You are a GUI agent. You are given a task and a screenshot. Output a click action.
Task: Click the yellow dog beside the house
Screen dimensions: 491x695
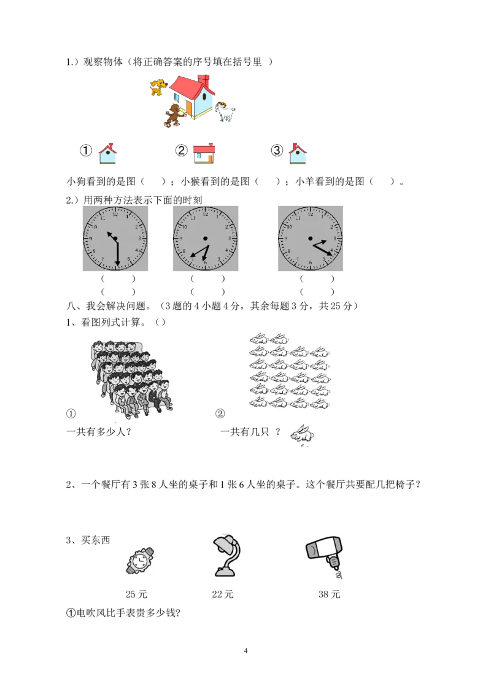click(x=158, y=87)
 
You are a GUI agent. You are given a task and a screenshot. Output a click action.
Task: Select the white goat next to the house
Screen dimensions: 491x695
click(x=225, y=111)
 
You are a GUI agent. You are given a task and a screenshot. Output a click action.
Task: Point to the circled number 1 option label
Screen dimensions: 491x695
click(x=85, y=150)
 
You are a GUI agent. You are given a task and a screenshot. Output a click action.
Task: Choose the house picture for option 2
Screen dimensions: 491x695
click(x=204, y=153)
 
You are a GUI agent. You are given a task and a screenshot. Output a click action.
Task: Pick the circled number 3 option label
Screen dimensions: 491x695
click(x=277, y=150)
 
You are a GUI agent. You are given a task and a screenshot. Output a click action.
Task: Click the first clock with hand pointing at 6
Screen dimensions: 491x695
click(x=115, y=239)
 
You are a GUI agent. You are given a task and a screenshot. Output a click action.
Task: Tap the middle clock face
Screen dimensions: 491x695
click(x=206, y=239)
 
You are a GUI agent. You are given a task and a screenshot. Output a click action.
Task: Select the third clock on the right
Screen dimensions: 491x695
click(x=311, y=239)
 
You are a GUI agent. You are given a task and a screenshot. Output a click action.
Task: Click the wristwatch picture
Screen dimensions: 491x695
click(x=140, y=561)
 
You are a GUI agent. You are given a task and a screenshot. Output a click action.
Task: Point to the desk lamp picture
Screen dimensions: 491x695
click(x=228, y=555)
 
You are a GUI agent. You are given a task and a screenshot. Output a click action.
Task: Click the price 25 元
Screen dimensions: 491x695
click(x=136, y=594)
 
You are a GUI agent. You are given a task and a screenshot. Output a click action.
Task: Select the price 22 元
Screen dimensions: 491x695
click(x=223, y=594)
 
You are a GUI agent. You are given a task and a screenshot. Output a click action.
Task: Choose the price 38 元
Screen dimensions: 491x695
click(x=329, y=594)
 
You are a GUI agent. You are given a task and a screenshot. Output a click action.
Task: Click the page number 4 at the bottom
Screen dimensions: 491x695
click(x=245, y=651)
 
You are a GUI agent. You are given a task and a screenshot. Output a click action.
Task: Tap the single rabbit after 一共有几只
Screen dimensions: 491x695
click(x=302, y=434)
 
